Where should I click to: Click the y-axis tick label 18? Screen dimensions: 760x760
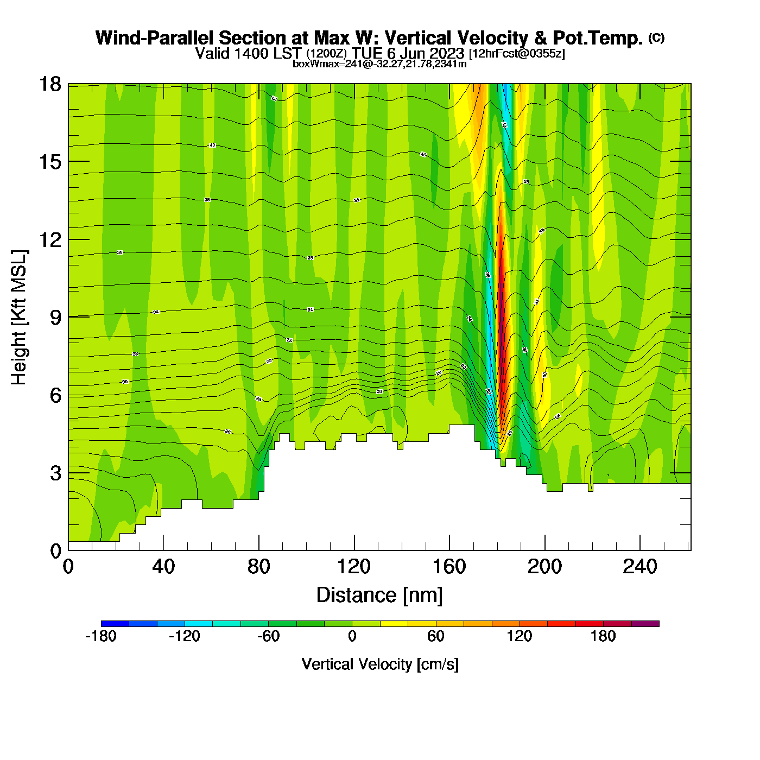coord(49,84)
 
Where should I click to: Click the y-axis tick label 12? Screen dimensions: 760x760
coord(49,239)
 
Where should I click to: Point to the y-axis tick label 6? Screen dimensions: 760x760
coord(55,395)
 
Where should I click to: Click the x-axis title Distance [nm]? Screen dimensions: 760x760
coord(379,596)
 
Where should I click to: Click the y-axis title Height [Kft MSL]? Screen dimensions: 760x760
coord(19,318)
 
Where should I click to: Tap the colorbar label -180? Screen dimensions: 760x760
coord(101,636)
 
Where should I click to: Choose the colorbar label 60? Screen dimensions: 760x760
coord(435,636)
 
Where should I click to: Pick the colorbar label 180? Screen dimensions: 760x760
coord(603,636)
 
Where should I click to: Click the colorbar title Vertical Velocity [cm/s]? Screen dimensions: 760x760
coord(380,664)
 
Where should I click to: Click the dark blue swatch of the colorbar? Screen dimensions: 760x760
coord(115,624)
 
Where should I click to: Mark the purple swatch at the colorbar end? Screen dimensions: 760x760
coord(645,624)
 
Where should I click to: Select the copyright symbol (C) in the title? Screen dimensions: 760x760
coord(656,37)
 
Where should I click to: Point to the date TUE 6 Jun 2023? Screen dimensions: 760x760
coord(408,53)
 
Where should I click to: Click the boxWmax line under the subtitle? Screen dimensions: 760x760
coord(379,64)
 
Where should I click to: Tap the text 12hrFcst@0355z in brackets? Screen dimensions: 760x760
coord(517,54)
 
